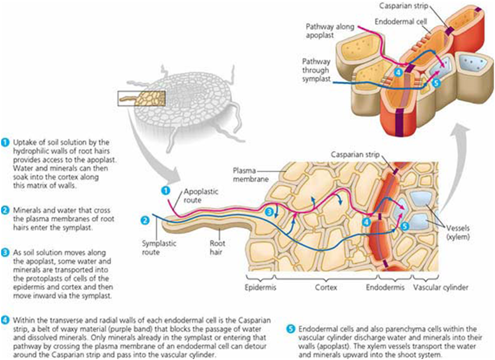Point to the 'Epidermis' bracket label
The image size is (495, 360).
click(x=261, y=287)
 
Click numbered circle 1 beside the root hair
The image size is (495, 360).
click(x=165, y=189)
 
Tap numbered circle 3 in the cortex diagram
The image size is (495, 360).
click(x=270, y=212)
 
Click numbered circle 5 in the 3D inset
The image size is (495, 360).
click(x=435, y=83)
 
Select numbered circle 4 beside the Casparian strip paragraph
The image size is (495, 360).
click(x=5, y=319)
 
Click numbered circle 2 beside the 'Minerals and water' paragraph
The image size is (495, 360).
click(x=5, y=210)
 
